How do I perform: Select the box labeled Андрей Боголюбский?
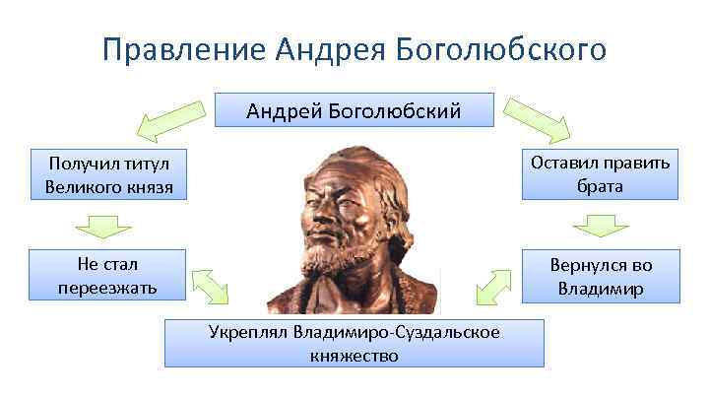click(x=354, y=111)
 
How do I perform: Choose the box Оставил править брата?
click(x=600, y=173)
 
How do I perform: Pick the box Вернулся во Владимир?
click(x=600, y=276)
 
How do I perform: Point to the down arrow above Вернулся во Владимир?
click(x=600, y=226)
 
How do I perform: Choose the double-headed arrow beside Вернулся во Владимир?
click(x=495, y=286)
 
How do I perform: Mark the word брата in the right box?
click(x=600, y=185)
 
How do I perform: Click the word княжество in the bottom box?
click(x=354, y=355)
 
